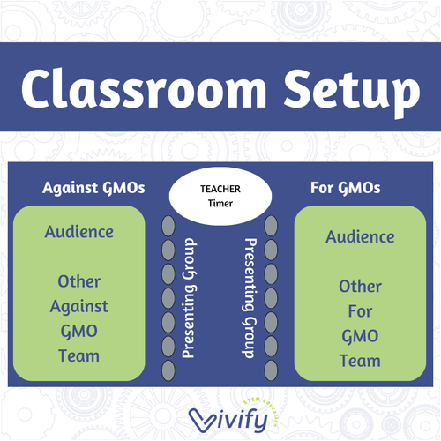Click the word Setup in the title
(349, 91)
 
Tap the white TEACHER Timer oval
(220, 195)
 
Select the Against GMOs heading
(93, 188)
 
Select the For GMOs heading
(346, 188)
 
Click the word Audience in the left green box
(79, 232)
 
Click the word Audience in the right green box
(360, 236)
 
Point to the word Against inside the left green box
(79, 306)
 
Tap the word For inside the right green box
(360, 310)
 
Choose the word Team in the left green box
(79, 356)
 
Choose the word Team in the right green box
(360, 361)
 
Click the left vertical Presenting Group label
(188, 295)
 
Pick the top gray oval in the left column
(168, 225)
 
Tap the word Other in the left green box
(79, 281)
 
